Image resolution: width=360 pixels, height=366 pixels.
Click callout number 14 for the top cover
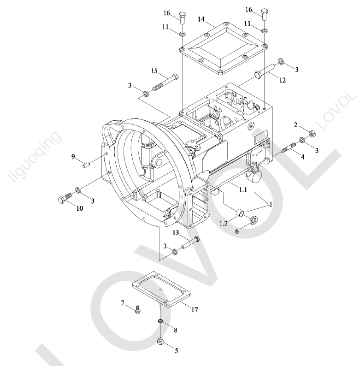pos(201,19)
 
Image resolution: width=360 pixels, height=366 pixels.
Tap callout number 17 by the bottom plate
pos(195,309)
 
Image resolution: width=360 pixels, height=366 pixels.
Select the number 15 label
pos(154,71)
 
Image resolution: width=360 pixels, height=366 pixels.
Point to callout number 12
pos(282,80)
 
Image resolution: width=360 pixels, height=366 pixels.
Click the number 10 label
pos(80,208)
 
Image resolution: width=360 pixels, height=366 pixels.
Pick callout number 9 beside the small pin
pos(73,156)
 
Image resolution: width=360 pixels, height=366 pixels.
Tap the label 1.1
pos(243,190)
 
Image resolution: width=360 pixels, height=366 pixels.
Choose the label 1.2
pos(224,224)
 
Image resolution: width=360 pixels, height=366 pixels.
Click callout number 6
pos(237,231)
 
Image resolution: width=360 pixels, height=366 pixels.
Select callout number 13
pos(176,233)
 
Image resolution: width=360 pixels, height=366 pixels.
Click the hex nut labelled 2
pos(312,134)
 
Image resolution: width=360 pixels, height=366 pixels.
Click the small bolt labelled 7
pos(137,310)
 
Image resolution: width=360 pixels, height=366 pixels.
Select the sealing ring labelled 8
pos(160,322)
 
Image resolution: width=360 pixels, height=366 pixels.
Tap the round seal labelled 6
pos(254,220)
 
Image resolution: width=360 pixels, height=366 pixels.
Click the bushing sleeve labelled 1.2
pos(240,213)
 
